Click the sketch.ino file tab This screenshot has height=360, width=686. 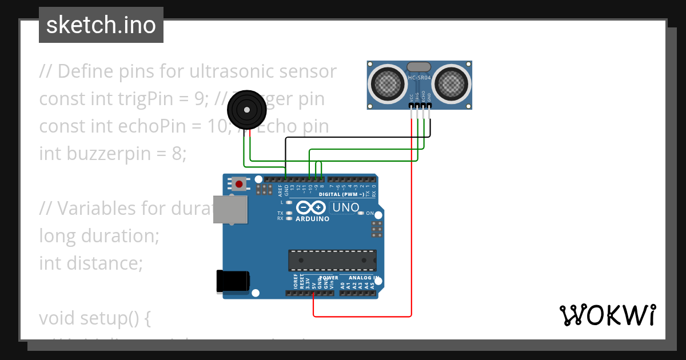[x=101, y=25]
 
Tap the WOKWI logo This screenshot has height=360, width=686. [x=607, y=315]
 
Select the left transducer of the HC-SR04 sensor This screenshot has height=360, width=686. [x=389, y=83]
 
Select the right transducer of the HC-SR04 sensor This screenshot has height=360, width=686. [x=451, y=83]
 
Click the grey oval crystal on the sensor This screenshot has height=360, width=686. [x=420, y=67]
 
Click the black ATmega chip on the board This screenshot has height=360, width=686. [x=332, y=260]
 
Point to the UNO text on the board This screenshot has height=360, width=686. [x=346, y=207]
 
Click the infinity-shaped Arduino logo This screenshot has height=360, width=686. [x=312, y=208]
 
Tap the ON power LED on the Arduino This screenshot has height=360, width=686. [x=361, y=214]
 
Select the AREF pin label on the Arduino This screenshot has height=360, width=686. [x=281, y=190]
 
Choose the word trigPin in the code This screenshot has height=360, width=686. [x=122, y=99]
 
